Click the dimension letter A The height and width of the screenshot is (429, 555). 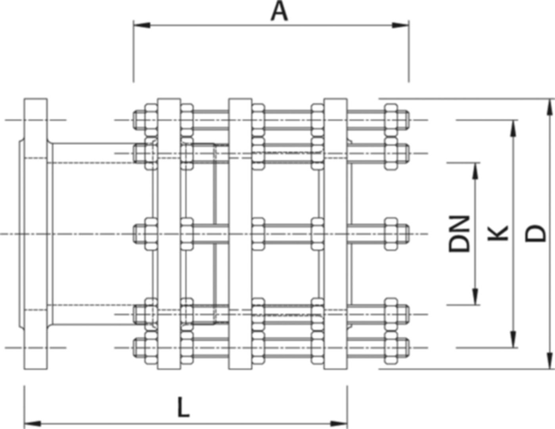coord(279,12)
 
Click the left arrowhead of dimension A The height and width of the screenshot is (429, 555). coord(141,25)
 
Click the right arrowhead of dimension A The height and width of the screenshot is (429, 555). coord(401,25)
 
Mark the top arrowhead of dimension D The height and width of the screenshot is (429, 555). coord(549,107)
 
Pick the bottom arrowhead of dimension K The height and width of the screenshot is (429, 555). coord(514,339)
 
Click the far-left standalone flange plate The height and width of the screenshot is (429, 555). coord(35,234)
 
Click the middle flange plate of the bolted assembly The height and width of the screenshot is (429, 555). coord(239,234)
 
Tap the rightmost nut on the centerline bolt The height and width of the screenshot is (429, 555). coord(391,234)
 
